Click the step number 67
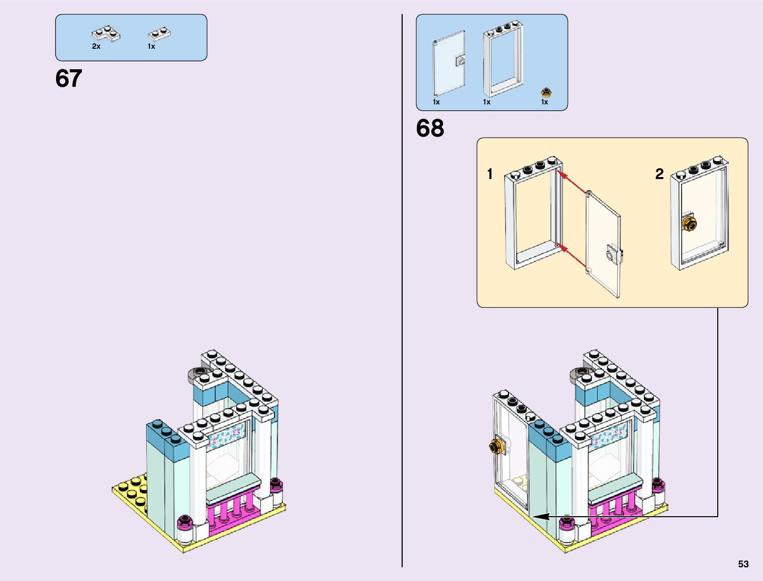69,79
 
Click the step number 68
430,128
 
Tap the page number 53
743,564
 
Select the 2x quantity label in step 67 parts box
96,46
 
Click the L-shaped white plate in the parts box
106,34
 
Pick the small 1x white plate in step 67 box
159,34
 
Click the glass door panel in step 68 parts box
449,63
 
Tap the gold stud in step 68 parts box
546,92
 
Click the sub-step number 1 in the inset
490,174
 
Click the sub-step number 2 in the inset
659,174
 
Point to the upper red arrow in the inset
573,182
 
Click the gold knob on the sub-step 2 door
689,224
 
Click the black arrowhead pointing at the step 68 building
541,516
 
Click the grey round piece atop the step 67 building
199,373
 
